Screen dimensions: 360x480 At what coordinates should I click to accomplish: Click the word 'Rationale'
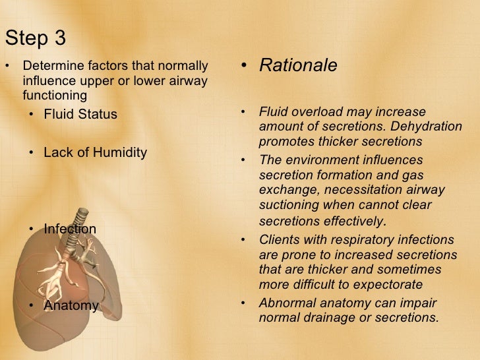[298, 66]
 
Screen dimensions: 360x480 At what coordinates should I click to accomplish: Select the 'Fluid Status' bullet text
[80, 115]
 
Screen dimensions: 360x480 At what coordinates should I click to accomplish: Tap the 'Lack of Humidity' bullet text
[95, 152]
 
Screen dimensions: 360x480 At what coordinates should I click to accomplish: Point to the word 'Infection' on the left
[70, 229]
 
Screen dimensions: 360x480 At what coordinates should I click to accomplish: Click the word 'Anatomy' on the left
[71, 306]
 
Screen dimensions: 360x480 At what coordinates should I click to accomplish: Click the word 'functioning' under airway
[55, 95]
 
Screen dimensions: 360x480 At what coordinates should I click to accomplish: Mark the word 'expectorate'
[389, 285]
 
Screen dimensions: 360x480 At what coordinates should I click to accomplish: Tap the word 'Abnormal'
[287, 303]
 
